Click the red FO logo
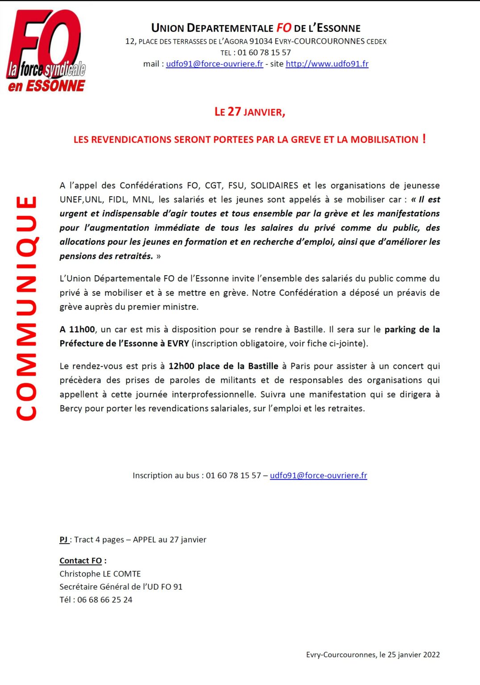tap(46, 50)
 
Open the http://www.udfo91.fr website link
tap(327, 64)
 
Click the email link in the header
tap(215, 64)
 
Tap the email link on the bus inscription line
tap(319, 475)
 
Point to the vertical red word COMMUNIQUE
tap(26, 308)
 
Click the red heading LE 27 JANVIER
tap(249, 111)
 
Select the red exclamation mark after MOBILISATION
tap(424, 139)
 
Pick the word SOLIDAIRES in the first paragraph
tap(274, 186)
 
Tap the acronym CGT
tap(213, 186)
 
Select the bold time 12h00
tap(181, 366)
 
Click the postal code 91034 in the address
tap(261, 41)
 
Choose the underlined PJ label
tap(64, 540)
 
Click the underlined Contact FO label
tap(81, 561)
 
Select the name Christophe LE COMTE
tap(100, 574)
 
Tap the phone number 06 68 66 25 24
tap(105, 600)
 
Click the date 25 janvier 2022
tap(414, 655)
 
